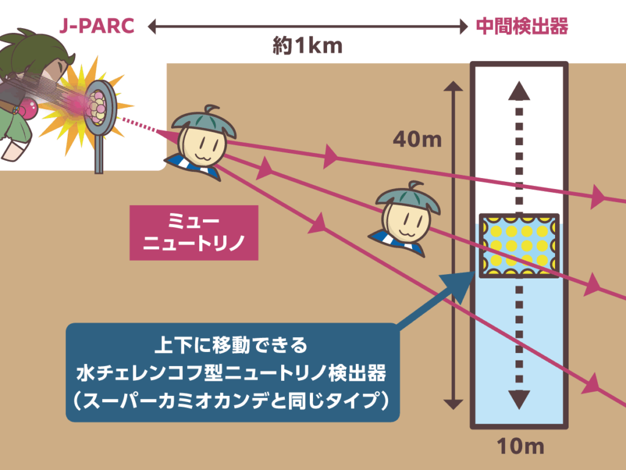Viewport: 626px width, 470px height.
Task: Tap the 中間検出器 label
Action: [x=522, y=26]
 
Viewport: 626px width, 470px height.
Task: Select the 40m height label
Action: [x=417, y=140]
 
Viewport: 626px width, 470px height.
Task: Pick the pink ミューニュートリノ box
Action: [x=194, y=233]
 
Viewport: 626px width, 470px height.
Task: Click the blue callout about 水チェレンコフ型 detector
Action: [x=232, y=373]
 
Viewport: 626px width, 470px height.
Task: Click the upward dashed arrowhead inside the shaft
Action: [x=519, y=91]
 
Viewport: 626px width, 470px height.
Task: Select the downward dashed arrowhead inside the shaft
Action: [x=519, y=399]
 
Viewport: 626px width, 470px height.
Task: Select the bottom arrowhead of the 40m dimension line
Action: [x=453, y=403]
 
